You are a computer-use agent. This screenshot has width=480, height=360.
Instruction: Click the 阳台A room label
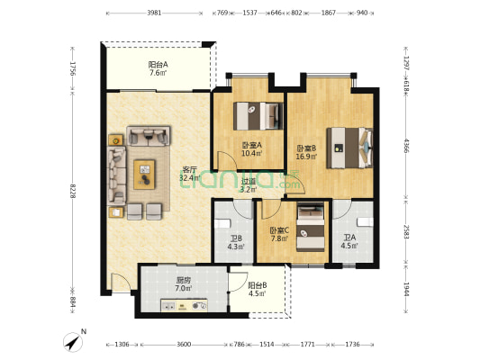[158, 65]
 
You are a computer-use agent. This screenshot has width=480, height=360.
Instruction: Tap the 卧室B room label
[306, 148]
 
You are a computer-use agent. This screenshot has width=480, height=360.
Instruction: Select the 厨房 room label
[184, 280]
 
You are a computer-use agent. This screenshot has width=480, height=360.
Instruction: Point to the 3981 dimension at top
[154, 13]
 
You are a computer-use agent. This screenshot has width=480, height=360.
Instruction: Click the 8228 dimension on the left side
[73, 191]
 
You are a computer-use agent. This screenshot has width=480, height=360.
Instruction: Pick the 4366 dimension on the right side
[406, 146]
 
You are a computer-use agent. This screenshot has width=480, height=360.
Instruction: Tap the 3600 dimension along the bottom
[184, 345]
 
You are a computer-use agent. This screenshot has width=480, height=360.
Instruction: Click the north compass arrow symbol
[73, 342]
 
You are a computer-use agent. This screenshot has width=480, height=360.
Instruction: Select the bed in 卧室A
[258, 116]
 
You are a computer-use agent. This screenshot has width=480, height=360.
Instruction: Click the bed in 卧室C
[311, 228]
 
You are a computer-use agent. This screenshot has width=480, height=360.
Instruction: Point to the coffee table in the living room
[144, 175]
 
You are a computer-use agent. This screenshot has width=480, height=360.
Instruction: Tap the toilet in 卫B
[222, 223]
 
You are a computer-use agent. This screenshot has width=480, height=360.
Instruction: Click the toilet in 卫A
[365, 222]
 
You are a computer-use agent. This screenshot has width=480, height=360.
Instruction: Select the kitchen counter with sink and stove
[184, 305]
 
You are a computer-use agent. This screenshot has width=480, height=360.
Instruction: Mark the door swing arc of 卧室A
[227, 160]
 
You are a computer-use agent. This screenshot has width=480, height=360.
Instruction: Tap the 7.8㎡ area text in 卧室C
[279, 238]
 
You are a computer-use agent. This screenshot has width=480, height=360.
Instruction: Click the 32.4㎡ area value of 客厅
[190, 177]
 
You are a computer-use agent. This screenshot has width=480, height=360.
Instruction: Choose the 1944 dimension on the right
[406, 289]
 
